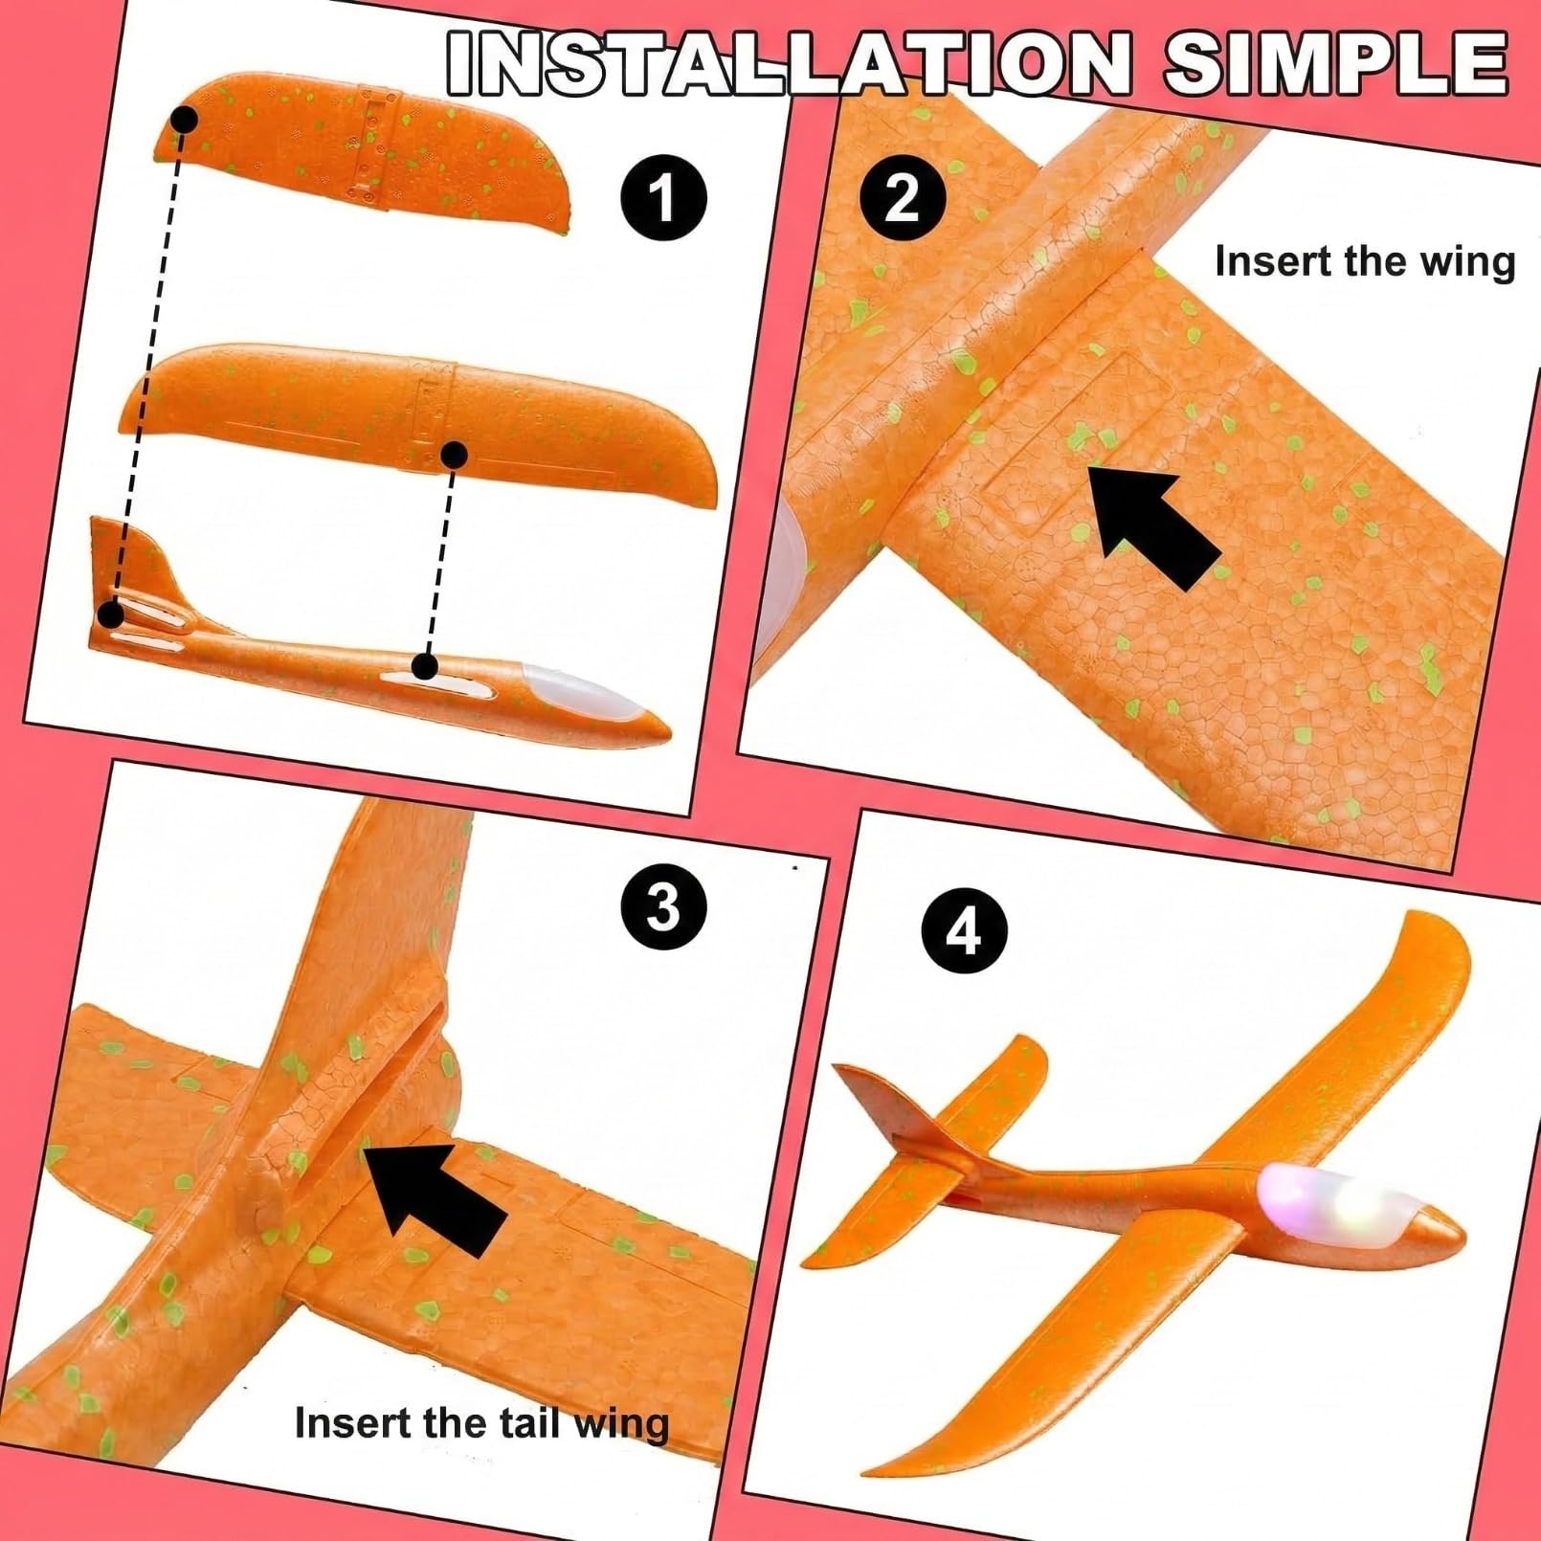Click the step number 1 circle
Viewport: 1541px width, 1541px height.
pos(663,198)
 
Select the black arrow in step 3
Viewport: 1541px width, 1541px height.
pos(435,1196)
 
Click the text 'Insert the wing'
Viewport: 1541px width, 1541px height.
pos(1366,261)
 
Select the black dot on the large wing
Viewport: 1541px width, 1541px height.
pos(455,456)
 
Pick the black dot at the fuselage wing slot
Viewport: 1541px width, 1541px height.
pos(426,665)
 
